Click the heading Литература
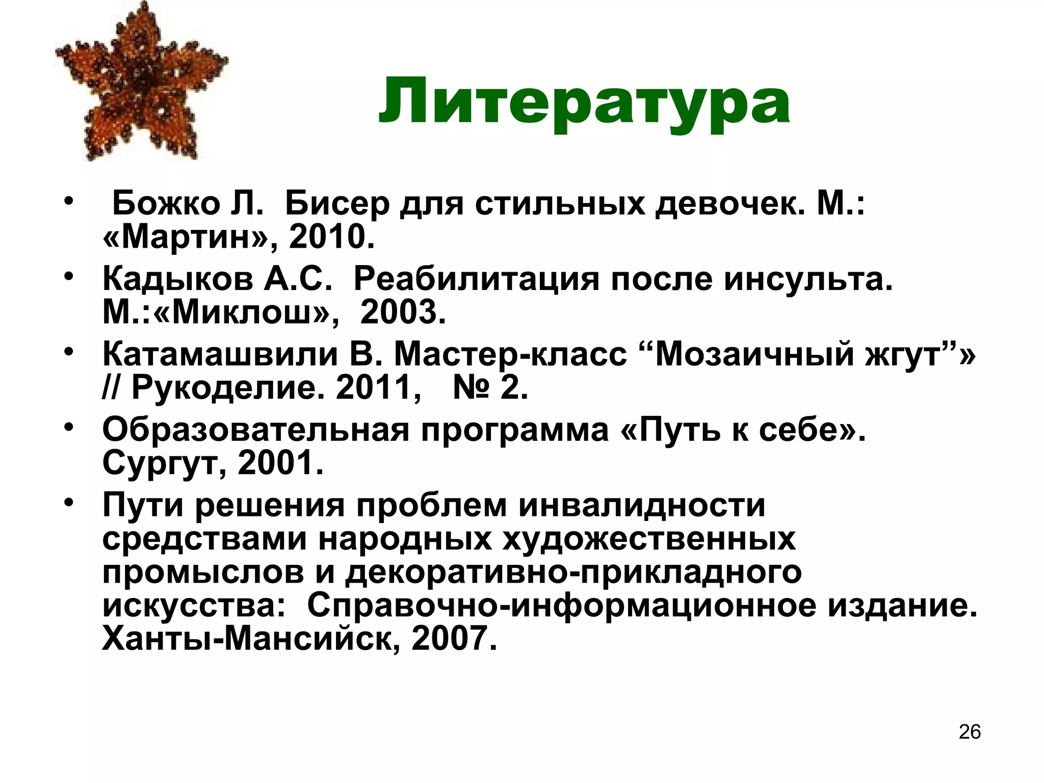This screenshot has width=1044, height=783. pos(584,101)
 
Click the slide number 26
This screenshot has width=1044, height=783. pos(970,732)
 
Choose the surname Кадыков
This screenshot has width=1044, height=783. pos(177,280)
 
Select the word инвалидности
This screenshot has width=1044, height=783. pos(642,505)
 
